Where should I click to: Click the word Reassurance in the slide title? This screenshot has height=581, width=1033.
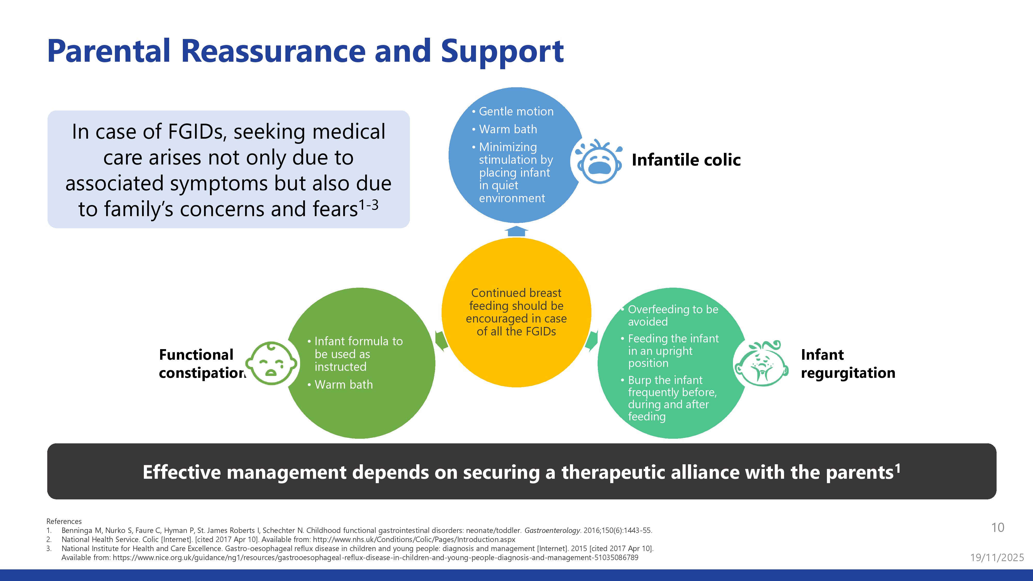[x=273, y=51]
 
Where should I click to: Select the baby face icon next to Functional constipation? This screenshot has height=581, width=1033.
[x=271, y=363]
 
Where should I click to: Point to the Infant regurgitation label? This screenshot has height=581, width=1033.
[x=847, y=364]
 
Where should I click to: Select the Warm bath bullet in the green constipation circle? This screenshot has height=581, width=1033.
[x=343, y=384]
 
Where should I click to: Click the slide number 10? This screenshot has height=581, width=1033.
[x=997, y=528]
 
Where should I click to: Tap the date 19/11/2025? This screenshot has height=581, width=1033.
[x=997, y=557]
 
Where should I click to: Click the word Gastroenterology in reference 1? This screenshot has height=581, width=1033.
[x=552, y=530]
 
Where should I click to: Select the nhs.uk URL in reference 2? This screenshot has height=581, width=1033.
[x=414, y=540]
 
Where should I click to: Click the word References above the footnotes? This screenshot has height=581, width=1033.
[x=64, y=521]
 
